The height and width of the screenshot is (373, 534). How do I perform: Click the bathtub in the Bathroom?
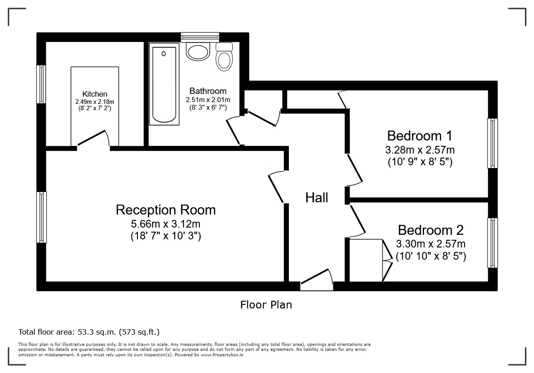tap(164, 84)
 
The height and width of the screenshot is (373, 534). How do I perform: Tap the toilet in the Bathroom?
tap(224, 57)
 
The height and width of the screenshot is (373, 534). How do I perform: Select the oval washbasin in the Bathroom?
tap(197, 51)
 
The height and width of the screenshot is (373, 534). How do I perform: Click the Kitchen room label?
tap(95, 94)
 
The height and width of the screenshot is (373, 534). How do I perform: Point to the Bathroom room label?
tap(208, 91)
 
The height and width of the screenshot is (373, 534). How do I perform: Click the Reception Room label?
tap(166, 210)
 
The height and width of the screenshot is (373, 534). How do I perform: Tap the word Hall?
tap(317, 197)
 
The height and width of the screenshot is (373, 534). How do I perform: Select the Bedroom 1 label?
tap(420, 135)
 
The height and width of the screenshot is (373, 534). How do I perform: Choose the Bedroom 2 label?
tap(431, 230)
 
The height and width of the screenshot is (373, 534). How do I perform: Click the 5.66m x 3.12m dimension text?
tap(166, 224)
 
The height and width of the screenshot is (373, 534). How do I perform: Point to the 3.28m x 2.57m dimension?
tap(420, 149)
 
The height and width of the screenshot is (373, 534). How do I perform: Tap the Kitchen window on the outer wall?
tap(41, 84)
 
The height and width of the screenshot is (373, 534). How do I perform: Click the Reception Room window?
tap(42, 217)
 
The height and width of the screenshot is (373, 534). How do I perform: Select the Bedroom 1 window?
tap(492, 143)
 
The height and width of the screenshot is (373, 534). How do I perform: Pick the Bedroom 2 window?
tap(492, 243)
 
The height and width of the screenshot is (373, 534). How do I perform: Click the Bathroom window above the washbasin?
tap(200, 37)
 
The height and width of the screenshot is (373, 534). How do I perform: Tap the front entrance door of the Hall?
tap(317, 280)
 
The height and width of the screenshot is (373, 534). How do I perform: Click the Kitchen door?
tap(93, 140)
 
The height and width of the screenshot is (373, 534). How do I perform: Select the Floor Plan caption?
tap(266, 305)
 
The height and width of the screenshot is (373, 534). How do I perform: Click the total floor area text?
tap(89, 332)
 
